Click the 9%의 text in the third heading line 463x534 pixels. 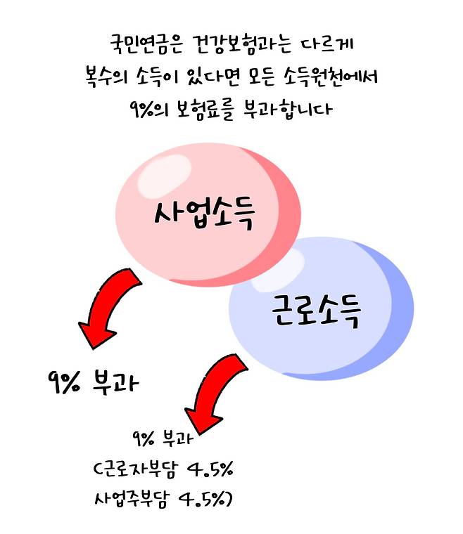click(x=145, y=110)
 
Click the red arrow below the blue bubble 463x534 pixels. click(x=211, y=393)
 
